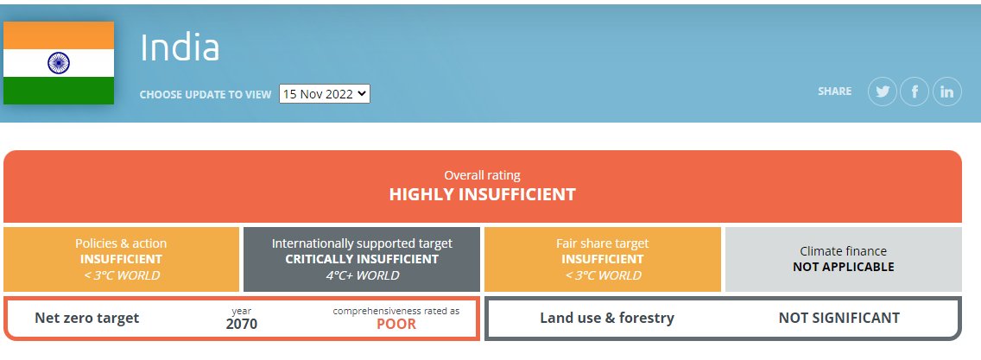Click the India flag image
click(59, 63)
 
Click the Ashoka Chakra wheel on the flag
click(59, 62)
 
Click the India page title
click(180, 48)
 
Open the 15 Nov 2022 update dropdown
click(324, 93)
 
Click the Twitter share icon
click(883, 92)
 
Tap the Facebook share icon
click(915, 92)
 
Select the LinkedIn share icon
click(946, 92)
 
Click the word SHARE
click(834, 92)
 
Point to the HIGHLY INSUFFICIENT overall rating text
click(482, 194)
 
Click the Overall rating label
click(482, 175)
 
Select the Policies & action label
click(121, 243)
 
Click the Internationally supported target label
click(361, 243)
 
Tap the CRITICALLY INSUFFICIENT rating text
click(361, 259)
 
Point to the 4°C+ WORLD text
click(361, 275)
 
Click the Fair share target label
click(602, 243)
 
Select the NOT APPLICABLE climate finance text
click(843, 267)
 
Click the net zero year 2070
click(242, 325)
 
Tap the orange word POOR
click(396, 325)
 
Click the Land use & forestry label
click(607, 318)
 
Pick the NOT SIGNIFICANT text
click(839, 318)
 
